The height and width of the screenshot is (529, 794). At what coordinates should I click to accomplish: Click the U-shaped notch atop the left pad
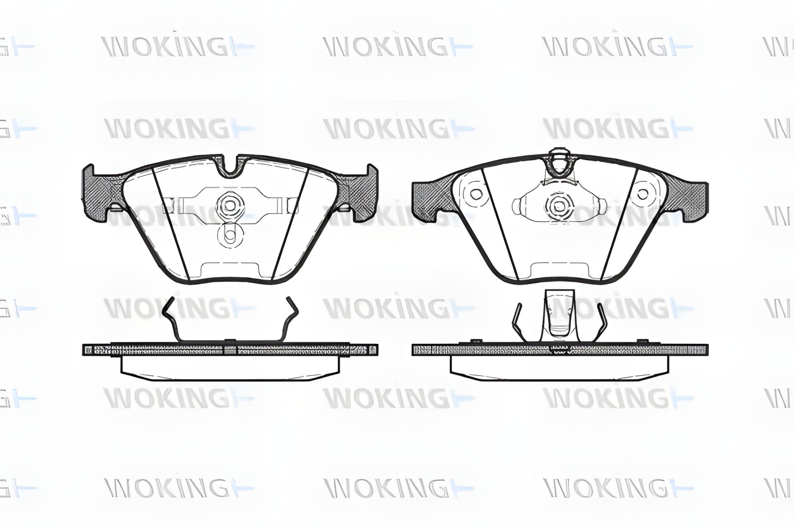click(233, 167)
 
